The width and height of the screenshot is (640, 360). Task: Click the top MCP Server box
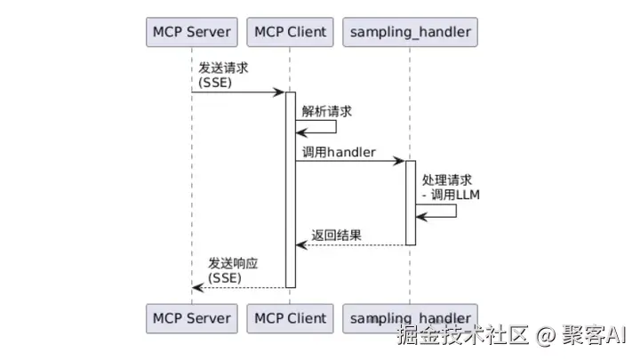tap(191, 33)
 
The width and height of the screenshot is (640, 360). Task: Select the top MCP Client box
tap(290, 33)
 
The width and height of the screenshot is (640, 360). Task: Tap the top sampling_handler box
tap(410, 33)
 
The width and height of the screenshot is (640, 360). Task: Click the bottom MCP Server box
tap(191, 317)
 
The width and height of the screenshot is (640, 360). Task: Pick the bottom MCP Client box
tap(290, 317)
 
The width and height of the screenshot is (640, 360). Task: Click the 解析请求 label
tap(327, 111)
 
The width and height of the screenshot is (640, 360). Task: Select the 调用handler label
tap(339, 153)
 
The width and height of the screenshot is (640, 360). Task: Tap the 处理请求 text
tap(447, 179)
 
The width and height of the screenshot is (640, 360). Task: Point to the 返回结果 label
tap(336, 236)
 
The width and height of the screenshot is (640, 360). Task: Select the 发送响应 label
tap(233, 263)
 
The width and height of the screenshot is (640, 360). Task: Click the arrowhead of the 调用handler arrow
tap(401, 161)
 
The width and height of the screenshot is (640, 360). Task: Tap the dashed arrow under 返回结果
tap(351, 244)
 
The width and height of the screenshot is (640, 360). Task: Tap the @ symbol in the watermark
tap(547, 336)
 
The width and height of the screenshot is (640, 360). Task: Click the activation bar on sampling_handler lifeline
tap(411, 203)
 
